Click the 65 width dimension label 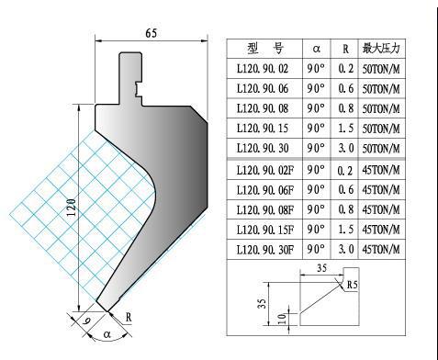click(152, 33)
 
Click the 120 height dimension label click(72, 208)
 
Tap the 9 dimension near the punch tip click(87, 321)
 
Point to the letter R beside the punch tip click(129, 317)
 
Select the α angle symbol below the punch click(107, 334)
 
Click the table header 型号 click(265, 49)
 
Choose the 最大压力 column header click(381, 49)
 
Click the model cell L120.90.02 click(263, 69)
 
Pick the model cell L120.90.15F click(265, 230)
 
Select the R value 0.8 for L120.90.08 click(346, 108)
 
